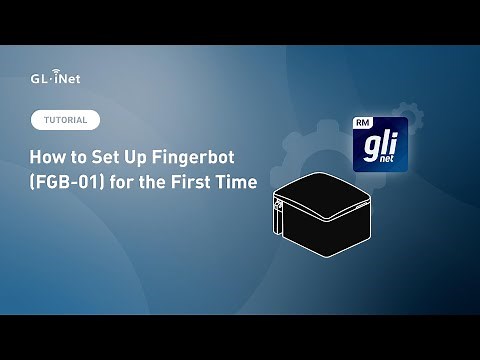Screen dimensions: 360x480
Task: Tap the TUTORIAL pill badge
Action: (65, 120)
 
